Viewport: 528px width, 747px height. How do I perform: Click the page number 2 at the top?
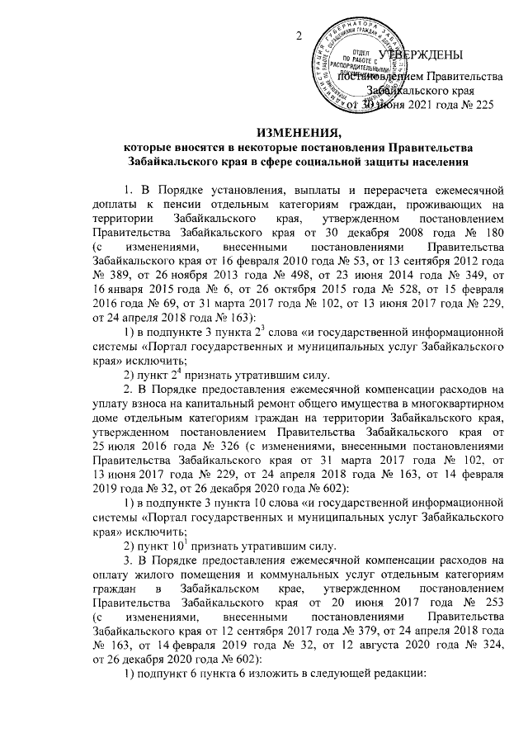(299, 36)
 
